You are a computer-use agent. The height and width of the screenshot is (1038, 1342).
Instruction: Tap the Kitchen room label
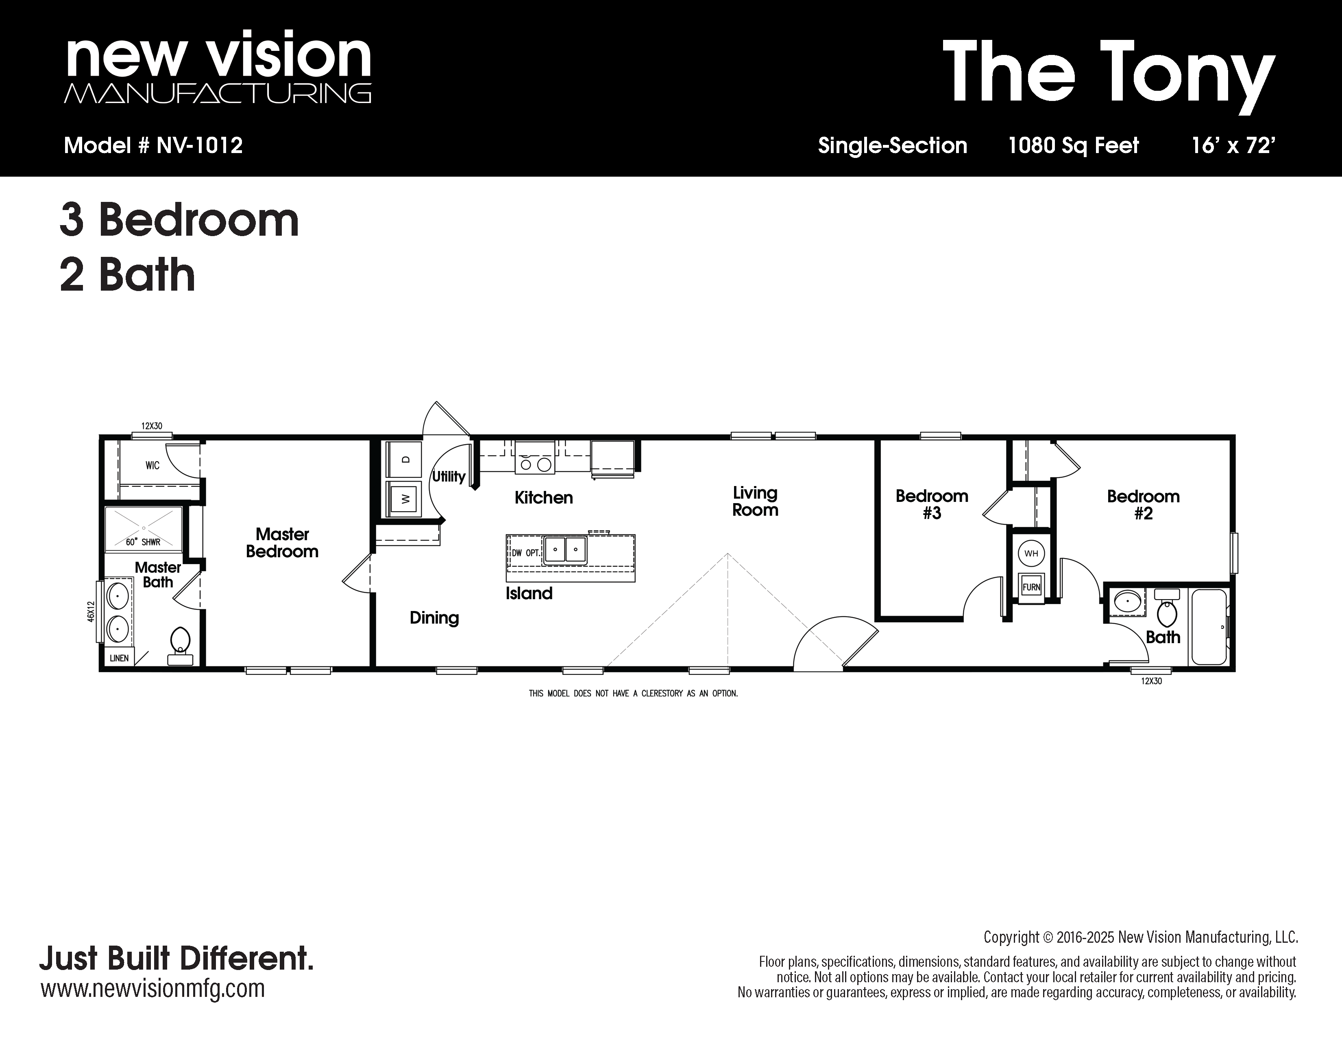(544, 497)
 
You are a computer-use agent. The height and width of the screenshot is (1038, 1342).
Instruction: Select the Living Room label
(755, 501)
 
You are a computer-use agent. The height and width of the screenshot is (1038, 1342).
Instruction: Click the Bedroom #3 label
(932, 504)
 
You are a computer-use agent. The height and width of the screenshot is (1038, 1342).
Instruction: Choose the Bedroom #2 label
(1144, 505)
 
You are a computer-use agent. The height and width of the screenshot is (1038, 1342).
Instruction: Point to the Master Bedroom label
(282, 542)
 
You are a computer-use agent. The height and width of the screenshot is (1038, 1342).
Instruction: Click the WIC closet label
(152, 466)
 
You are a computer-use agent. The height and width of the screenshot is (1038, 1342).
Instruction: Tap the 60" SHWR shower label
(143, 542)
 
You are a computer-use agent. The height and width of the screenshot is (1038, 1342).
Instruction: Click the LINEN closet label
(119, 658)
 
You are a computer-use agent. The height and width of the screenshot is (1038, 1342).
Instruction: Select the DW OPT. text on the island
(525, 553)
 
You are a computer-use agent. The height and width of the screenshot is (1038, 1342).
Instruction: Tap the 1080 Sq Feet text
(1074, 146)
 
